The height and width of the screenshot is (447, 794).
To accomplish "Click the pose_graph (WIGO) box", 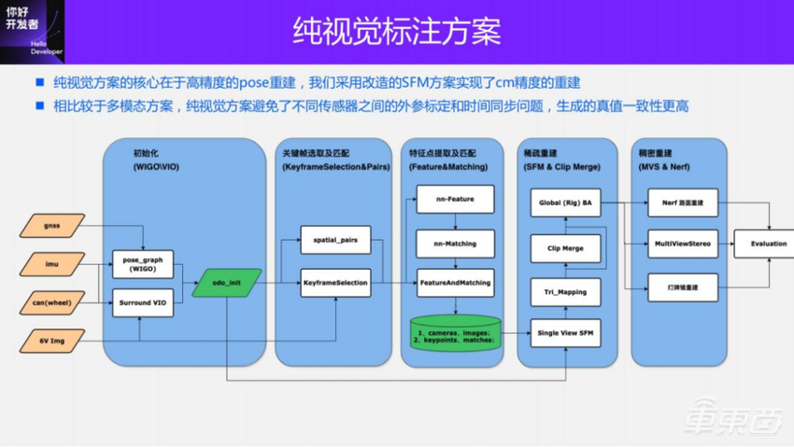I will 143,264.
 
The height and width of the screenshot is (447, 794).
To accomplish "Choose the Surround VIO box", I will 143,303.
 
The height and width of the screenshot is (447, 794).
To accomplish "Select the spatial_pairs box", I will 334,240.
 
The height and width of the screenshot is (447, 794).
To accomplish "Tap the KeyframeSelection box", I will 334,282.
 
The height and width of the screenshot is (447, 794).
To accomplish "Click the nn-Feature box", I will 454,200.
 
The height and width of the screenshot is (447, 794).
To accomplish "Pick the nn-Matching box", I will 454,244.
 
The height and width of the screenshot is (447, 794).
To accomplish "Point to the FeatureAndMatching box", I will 454,282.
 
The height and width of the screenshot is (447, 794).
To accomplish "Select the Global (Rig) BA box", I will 565,202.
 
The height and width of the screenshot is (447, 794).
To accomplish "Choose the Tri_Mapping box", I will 565,291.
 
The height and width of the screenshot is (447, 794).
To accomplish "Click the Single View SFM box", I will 565,333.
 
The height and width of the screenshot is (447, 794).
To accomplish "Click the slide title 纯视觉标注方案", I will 397,30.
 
